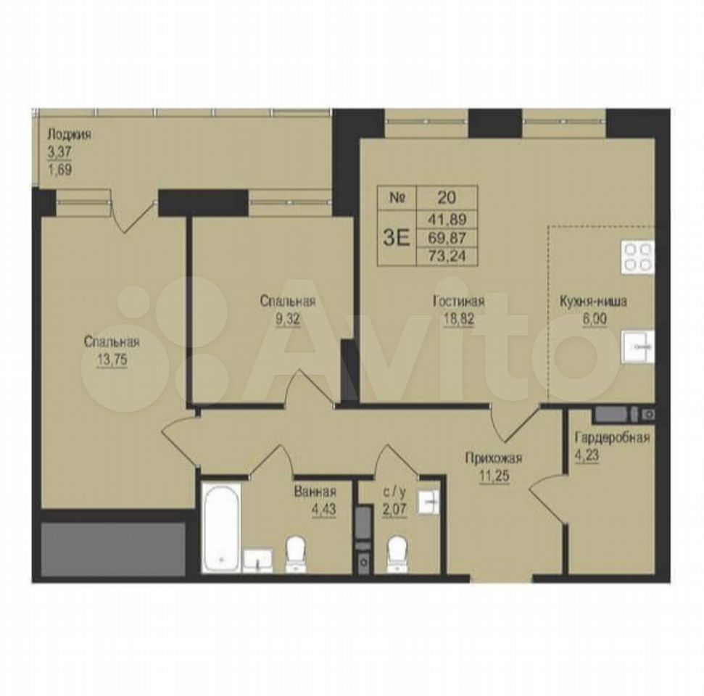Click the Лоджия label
[70, 135]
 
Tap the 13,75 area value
[112, 359]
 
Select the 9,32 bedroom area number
[287, 319]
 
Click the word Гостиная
[459, 301]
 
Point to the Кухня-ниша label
[593, 302]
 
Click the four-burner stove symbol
[637, 257]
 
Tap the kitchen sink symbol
[638, 347]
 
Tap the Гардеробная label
[612, 437]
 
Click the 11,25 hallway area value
[494, 476]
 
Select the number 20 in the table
[445, 197]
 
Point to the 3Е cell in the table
[397, 238]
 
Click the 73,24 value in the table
[447, 256]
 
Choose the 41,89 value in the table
[447, 219]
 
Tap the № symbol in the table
[397, 198]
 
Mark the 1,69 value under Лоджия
[60, 170]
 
